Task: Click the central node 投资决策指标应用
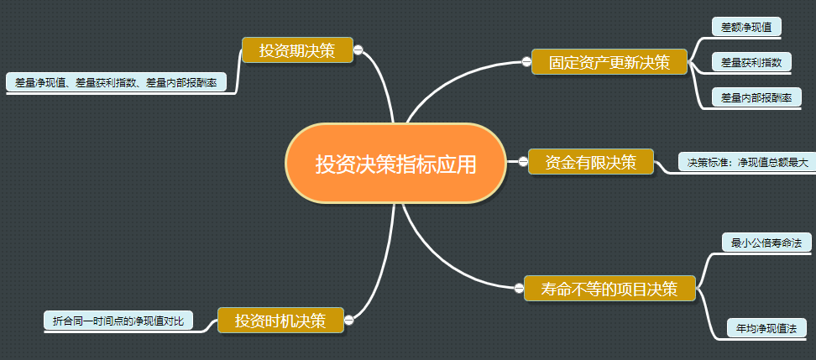(x=395, y=164)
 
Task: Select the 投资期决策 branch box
(x=296, y=50)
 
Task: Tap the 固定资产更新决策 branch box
(x=609, y=62)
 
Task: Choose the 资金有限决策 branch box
(x=590, y=162)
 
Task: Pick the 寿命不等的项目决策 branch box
(x=610, y=289)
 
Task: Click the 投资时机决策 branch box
(x=280, y=320)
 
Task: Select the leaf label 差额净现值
(x=746, y=27)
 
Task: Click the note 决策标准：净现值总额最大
(x=747, y=162)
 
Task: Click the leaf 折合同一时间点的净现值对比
(x=118, y=321)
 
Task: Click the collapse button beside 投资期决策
(x=358, y=50)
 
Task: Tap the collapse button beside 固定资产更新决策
(x=526, y=62)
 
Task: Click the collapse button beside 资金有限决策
(x=522, y=162)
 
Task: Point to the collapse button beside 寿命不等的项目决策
(x=518, y=289)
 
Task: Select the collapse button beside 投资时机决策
(x=349, y=320)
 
